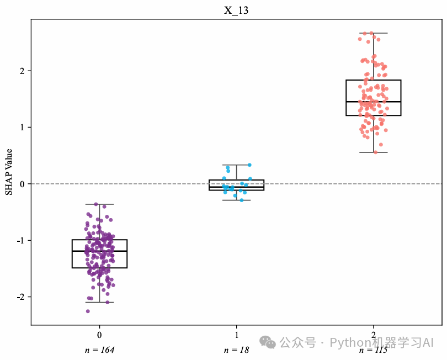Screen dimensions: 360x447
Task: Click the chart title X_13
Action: point(236,10)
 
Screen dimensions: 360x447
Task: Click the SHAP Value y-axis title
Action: point(8,171)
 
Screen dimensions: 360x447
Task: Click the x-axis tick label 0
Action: point(99,335)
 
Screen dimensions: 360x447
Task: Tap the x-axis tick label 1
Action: point(237,335)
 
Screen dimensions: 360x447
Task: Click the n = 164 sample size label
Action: point(99,350)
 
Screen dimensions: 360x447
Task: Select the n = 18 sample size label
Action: point(237,350)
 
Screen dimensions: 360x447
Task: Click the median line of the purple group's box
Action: point(100,251)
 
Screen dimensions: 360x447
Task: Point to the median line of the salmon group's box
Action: point(374,102)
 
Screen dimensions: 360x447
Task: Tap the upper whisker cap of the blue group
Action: point(237,165)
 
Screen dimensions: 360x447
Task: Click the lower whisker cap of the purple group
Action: point(100,302)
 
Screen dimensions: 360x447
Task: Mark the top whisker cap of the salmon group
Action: point(374,33)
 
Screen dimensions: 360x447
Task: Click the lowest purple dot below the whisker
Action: point(88,311)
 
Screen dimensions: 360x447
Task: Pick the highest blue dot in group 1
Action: point(249,165)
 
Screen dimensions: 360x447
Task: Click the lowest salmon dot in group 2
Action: point(376,152)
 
